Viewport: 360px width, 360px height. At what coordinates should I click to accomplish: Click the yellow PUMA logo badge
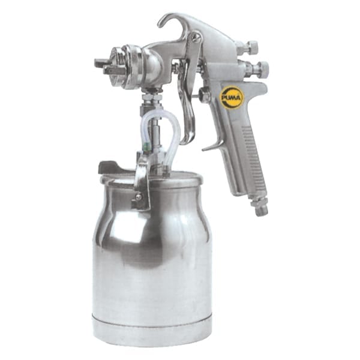pyautogui.click(x=231, y=98)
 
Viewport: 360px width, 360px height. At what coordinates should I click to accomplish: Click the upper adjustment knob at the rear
pyautogui.click(x=252, y=46)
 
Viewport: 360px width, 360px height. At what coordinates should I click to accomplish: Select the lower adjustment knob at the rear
pyautogui.click(x=263, y=67)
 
